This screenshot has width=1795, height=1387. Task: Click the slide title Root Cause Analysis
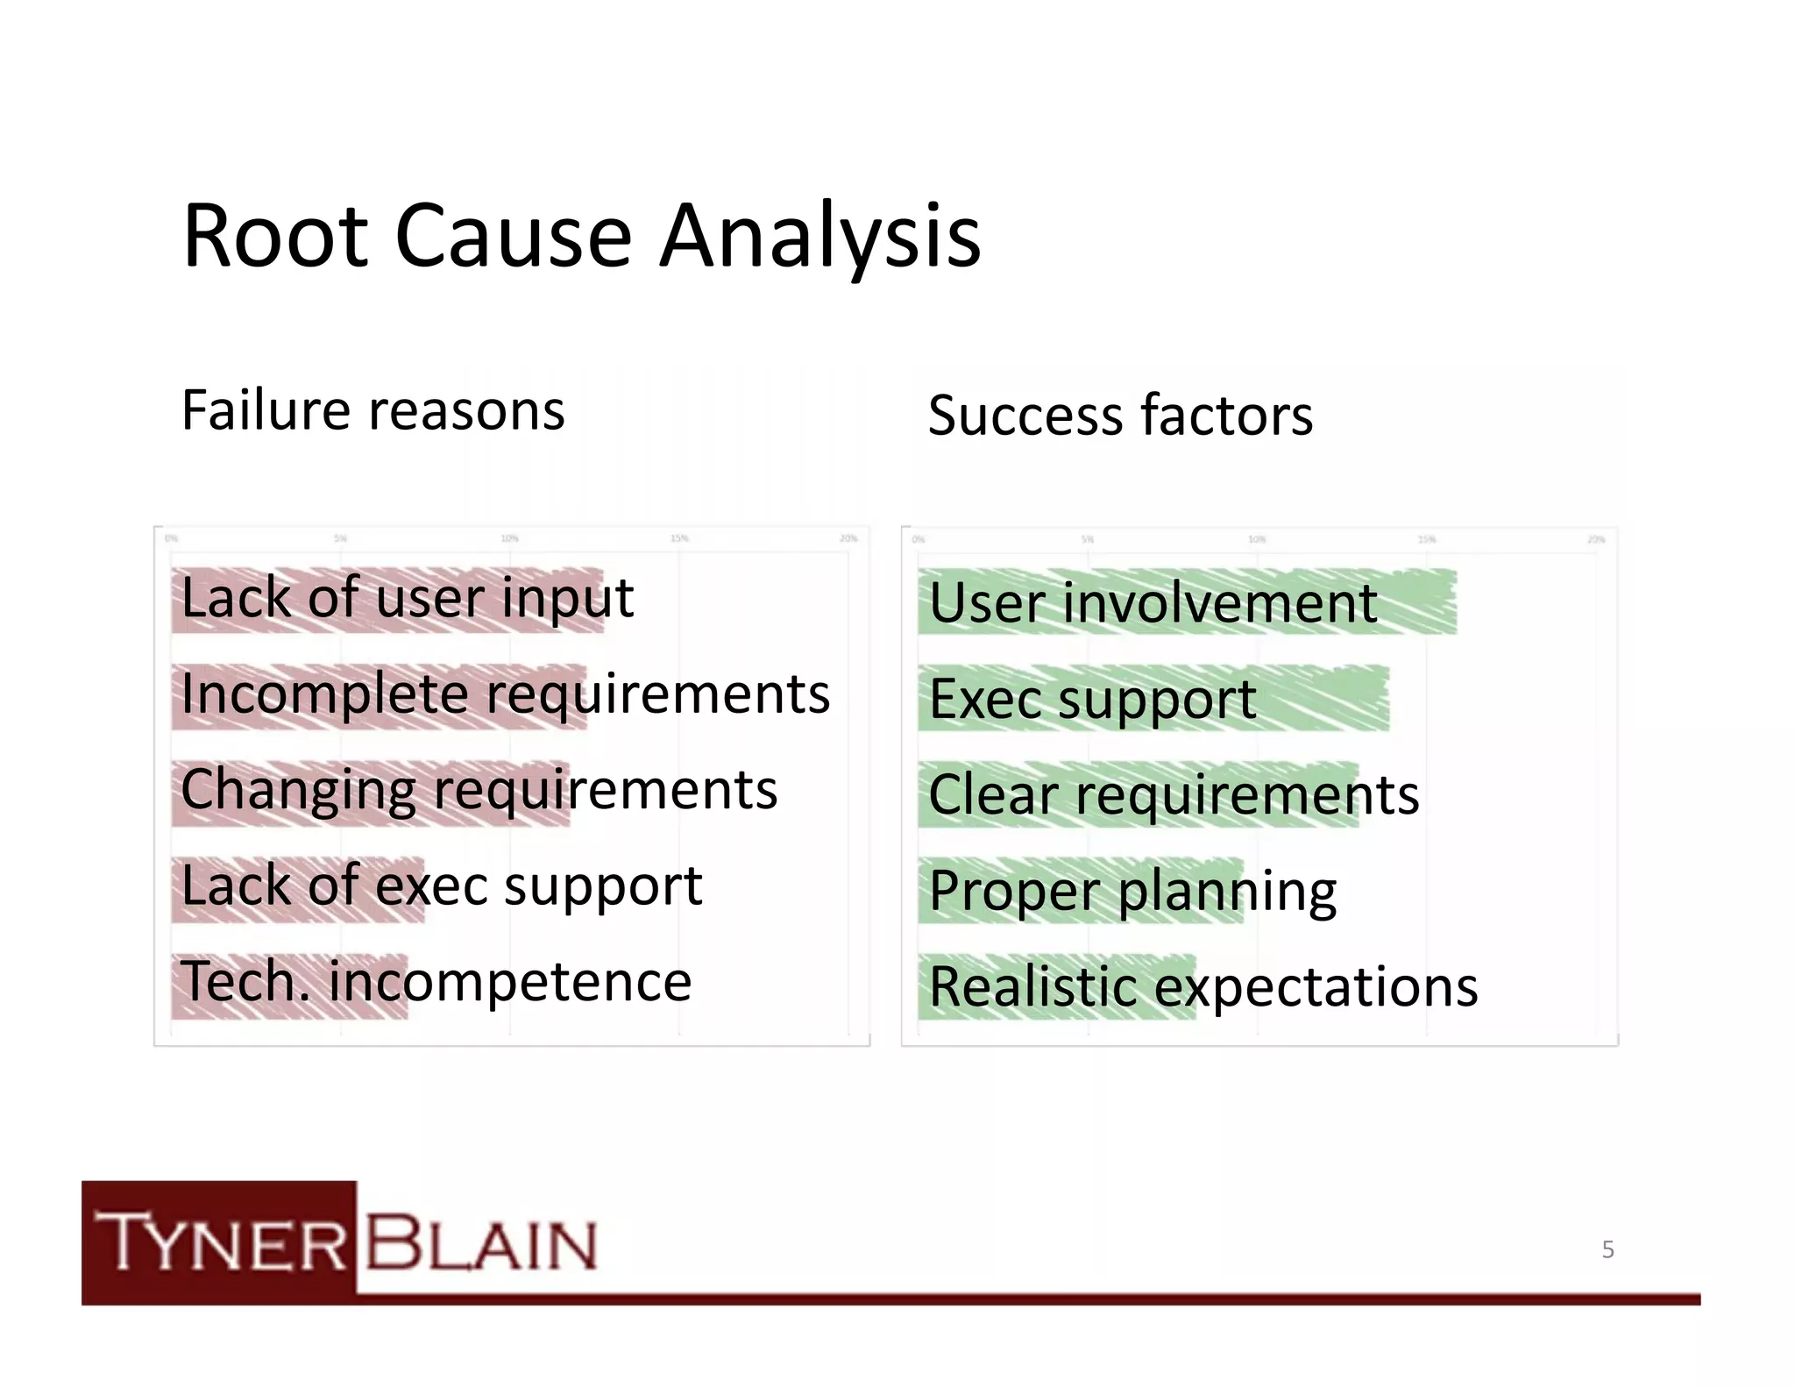(581, 237)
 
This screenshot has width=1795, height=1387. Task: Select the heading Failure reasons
(372, 410)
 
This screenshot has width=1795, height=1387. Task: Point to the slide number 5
(1607, 1249)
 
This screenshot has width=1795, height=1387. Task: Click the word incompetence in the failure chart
(510, 982)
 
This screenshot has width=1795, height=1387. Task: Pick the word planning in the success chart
(1227, 892)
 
